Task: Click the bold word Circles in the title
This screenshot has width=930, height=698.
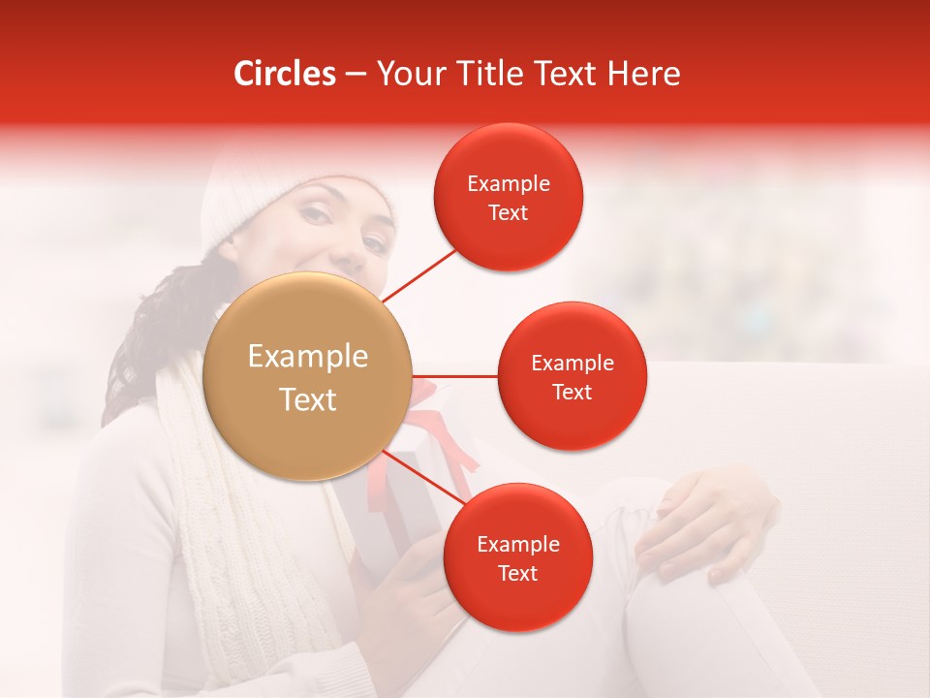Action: click(x=284, y=74)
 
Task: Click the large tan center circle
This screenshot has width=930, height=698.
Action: click(x=308, y=377)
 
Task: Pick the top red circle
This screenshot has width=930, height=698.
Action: click(x=509, y=197)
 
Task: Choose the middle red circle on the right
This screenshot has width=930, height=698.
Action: click(x=573, y=376)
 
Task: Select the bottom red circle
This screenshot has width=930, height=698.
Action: click(x=517, y=557)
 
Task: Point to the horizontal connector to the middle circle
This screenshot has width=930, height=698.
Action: click(x=455, y=376)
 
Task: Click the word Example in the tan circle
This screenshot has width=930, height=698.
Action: click(x=308, y=357)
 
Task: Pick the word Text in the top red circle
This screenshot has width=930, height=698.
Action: click(x=509, y=212)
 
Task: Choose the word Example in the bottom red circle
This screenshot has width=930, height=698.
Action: click(x=517, y=544)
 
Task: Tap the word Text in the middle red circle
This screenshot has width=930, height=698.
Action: click(x=573, y=392)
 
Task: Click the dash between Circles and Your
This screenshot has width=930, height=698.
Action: click(x=356, y=75)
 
